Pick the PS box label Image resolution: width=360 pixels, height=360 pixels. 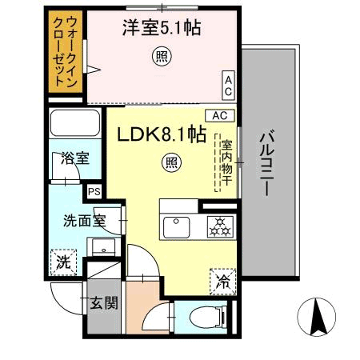pyautogui.click(x=94, y=192)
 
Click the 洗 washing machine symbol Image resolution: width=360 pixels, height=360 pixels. pyautogui.click(x=62, y=261)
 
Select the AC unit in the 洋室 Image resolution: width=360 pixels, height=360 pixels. pyautogui.click(x=228, y=82)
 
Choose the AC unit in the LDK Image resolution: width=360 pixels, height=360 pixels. pyautogui.click(x=221, y=115)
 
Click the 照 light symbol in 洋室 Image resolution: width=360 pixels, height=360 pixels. pyautogui.click(x=161, y=57)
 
